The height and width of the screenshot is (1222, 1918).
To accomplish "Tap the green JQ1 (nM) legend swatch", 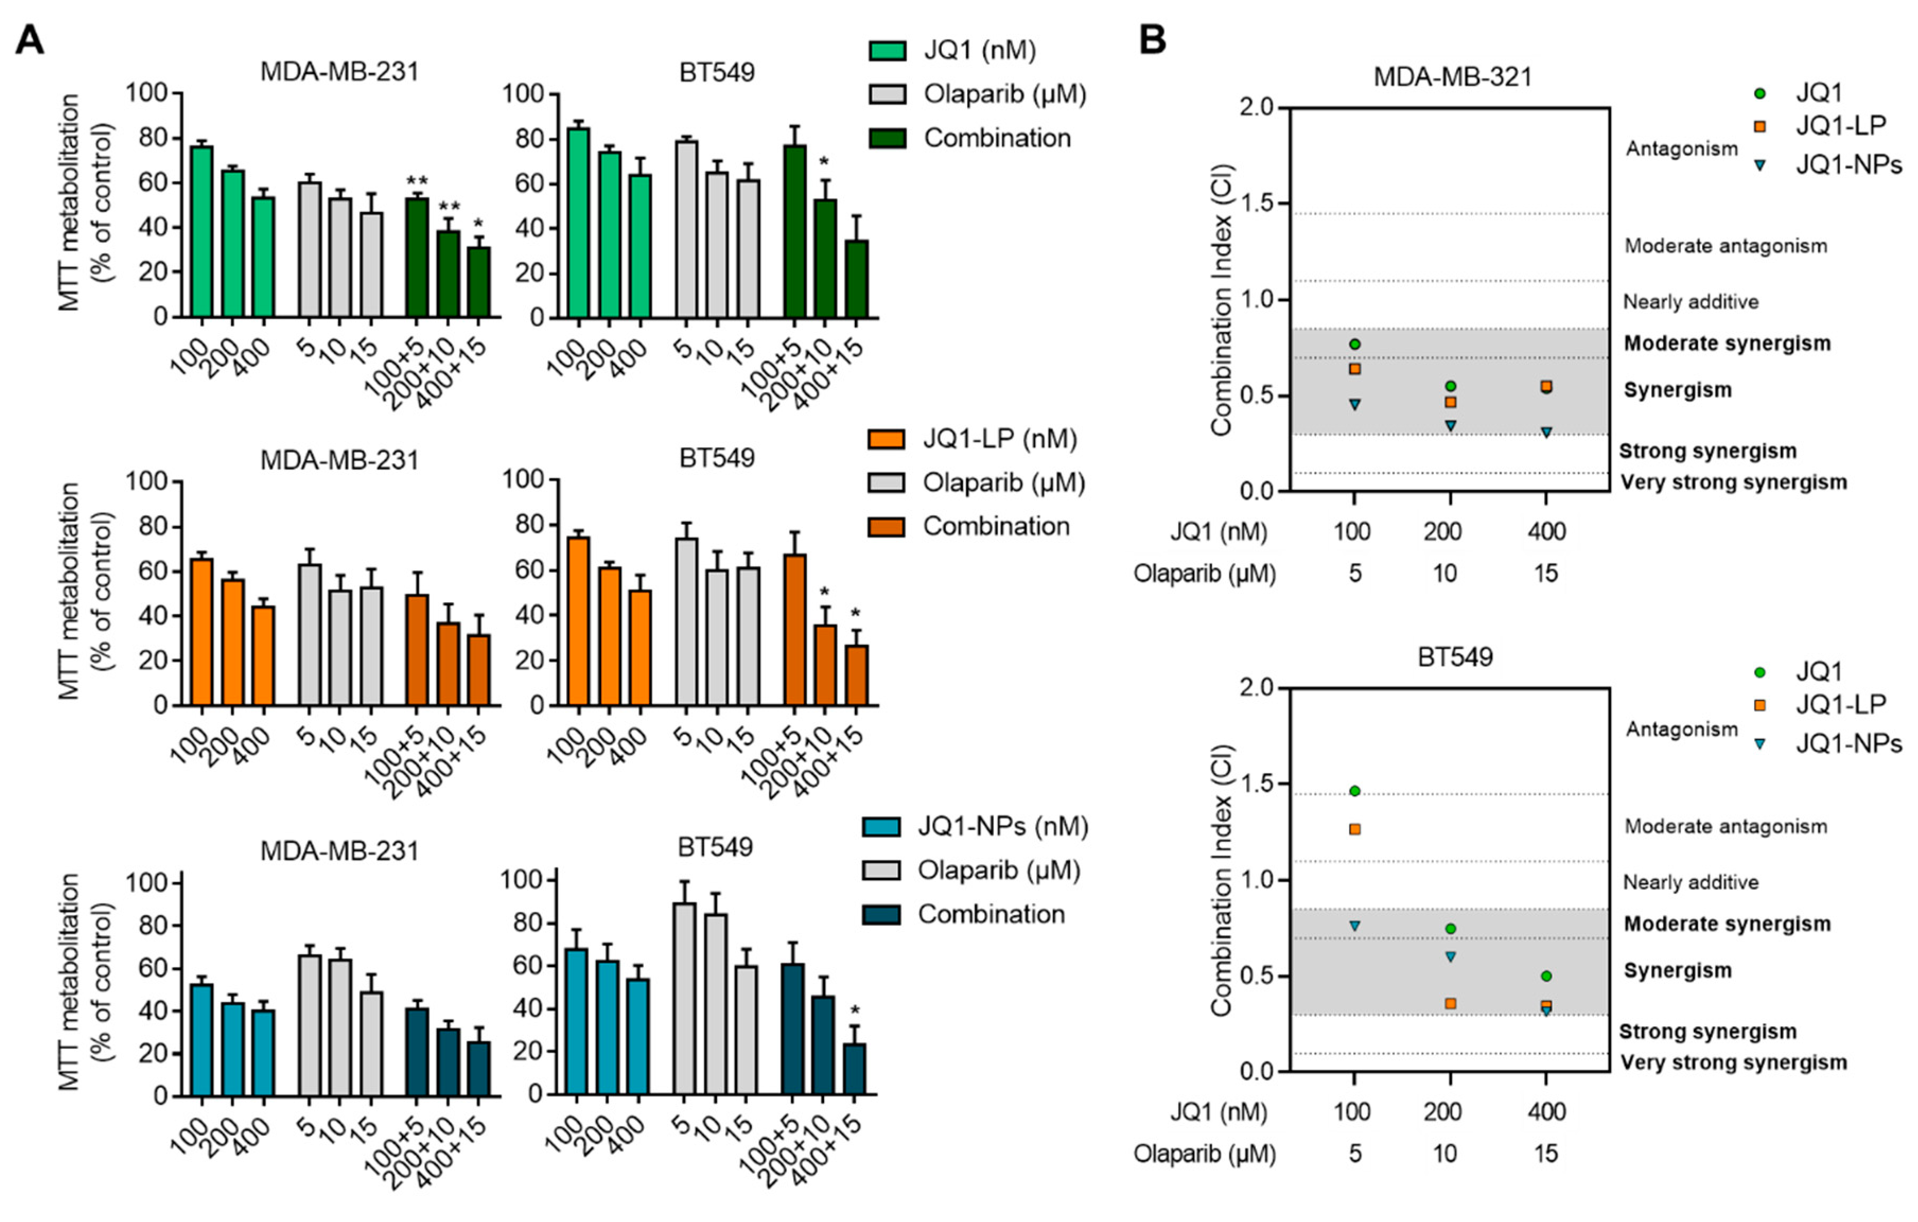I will [x=887, y=51].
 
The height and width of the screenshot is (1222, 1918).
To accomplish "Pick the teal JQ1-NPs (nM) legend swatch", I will [x=881, y=827].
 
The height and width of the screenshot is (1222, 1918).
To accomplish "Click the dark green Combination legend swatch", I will [x=887, y=138].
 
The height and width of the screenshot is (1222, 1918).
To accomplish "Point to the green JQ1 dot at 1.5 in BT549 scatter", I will [x=1354, y=790].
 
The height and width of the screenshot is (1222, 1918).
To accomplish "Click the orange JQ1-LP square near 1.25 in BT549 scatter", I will [x=1354, y=829].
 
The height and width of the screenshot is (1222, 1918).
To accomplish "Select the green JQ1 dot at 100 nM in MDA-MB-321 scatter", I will [x=1354, y=344].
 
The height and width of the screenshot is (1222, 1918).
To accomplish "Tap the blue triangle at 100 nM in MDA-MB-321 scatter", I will [x=1354, y=405].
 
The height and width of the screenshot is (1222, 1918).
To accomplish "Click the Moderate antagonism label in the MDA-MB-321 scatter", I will [x=1725, y=246].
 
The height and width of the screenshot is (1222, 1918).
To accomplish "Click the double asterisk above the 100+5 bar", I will [x=417, y=181].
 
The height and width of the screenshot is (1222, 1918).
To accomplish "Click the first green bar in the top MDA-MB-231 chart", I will [x=202, y=231].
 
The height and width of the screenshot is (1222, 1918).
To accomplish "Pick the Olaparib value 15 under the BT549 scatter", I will [x=1545, y=1154].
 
